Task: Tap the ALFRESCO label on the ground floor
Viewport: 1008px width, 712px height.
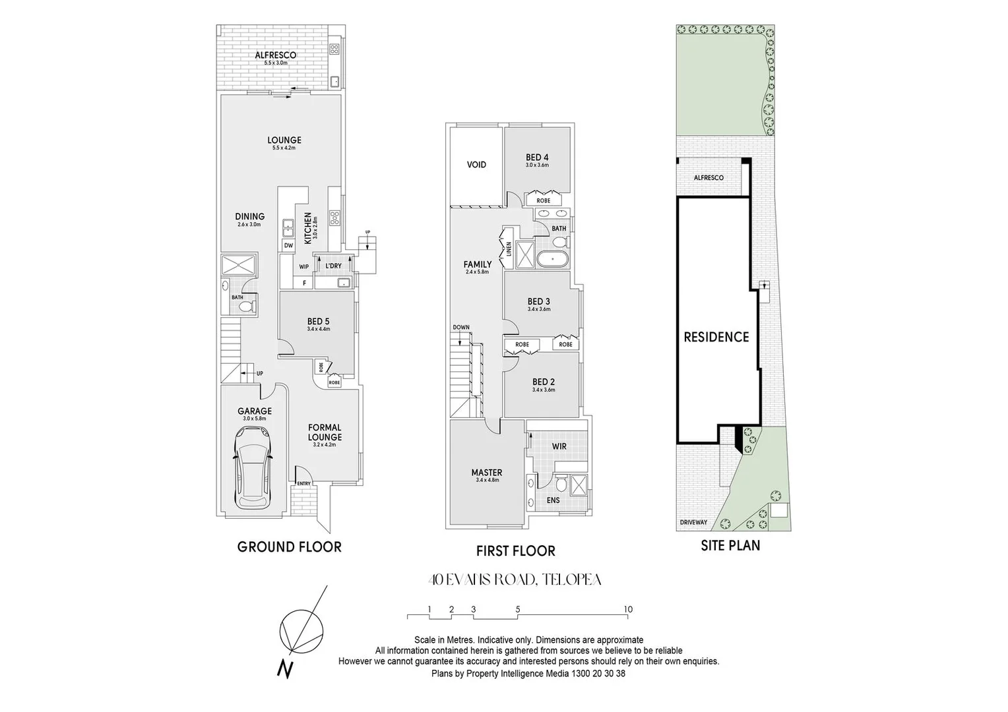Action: click(x=276, y=55)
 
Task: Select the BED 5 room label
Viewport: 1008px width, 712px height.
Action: click(x=318, y=322)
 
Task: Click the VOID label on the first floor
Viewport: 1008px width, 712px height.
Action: click(x=476, y=164)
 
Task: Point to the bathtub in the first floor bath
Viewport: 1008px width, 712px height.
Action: click(x=551, y=259)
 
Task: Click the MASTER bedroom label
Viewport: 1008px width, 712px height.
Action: click(x=487, y=473)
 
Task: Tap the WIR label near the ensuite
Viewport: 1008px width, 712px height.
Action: click(x=559, y=446)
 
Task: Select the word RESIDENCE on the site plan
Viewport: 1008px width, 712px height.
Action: click(x=716, y=337)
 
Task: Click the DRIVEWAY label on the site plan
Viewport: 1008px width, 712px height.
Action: click(x=693, y=523)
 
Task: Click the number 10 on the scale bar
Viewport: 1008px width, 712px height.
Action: click(x=628, y=609)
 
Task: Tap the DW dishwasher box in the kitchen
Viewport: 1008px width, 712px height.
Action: click(x=288, y=245)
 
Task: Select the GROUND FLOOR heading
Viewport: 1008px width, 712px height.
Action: click(x=289, y=547)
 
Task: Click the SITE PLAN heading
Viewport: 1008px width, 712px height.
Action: click(x=730, y=545)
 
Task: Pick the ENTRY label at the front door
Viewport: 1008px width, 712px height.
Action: click(x=303, y=483)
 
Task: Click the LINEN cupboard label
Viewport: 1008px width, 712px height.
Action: click(x=509, y=249)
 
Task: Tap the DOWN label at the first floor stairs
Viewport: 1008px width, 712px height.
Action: click(x=461, y=328)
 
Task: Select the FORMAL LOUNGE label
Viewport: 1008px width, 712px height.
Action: click(x=325, y=432)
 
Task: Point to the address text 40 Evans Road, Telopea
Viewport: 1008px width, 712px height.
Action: click(x=515, y=580)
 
